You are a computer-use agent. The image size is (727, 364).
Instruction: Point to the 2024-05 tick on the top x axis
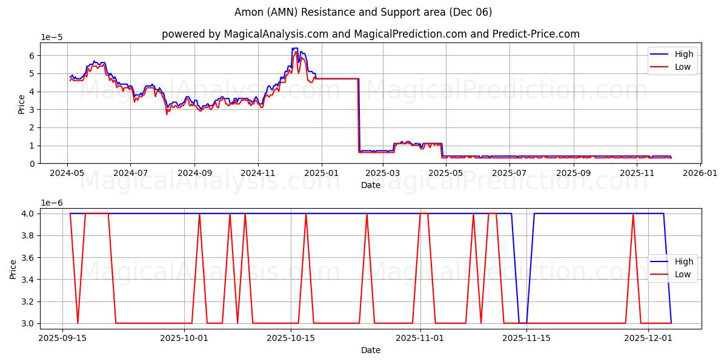[67, 172]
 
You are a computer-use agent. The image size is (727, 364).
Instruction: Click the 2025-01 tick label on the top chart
[320, 172]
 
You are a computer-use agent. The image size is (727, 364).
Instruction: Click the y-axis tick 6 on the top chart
[32, 55]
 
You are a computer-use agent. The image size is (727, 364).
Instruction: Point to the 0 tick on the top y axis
[32, 164]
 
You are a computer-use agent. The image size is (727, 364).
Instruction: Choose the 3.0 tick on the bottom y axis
[29, 323]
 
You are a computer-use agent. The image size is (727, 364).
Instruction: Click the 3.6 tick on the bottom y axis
[29, 257]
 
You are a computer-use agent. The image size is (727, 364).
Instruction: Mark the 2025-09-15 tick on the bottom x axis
[62, 338]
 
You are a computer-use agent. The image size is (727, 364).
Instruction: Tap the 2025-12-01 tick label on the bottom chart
[648, 338]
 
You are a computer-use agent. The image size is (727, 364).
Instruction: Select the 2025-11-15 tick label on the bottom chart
[526, 338]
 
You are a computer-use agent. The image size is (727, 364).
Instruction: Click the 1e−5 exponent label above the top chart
[51, 38]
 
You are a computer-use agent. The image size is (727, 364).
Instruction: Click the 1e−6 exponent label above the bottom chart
[51, 203]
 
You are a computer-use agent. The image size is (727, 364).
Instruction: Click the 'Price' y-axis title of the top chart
[22, 103]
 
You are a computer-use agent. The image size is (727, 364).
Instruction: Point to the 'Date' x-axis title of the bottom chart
[370, 350]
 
